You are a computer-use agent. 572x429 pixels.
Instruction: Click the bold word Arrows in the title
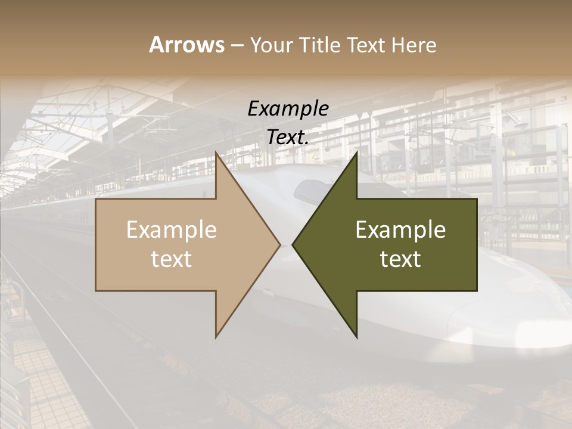pyautogui.click(x=186, y=45)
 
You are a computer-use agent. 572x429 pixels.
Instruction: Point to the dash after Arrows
pyautogui.click(x=237, y=46)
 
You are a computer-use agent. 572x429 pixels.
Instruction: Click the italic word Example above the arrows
pyautogui.click(x=288, y=108)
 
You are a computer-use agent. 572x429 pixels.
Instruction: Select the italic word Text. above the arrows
pyautogui.click(x=288, y=137)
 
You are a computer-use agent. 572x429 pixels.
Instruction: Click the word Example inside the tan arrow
pyautogui.click(x=171, y=229)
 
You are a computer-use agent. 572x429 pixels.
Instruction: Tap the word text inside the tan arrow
pyautogui.click(x=171, y=259)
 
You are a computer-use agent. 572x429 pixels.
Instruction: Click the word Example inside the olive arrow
pyautogui.click(x=400, y=229)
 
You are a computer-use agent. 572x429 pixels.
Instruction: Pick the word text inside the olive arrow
pyautogui.click(x=400, y=259)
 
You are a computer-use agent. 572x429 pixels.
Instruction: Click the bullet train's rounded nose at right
pyautogui.click(x=524, y=322)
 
